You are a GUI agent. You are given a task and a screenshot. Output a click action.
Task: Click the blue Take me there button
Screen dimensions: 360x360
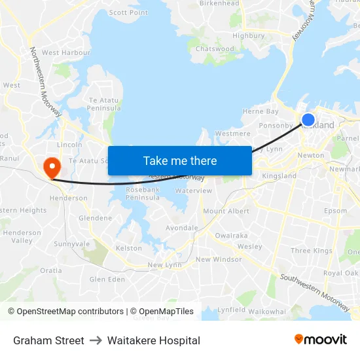180,160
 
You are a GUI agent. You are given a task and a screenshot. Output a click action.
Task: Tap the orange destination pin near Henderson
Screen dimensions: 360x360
50,166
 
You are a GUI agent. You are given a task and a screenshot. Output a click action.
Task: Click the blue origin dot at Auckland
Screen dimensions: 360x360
308,120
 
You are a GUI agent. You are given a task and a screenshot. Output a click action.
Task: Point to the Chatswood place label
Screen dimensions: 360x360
214,49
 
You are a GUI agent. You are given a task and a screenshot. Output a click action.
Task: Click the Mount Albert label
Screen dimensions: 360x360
226,211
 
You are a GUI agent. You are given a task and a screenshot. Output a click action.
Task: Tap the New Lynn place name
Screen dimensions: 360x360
164,265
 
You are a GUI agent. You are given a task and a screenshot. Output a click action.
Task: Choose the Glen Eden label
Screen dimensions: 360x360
107,279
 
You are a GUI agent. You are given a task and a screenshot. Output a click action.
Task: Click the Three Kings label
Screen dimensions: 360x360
311,251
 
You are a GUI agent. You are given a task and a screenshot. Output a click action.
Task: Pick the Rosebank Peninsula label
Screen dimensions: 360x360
142,194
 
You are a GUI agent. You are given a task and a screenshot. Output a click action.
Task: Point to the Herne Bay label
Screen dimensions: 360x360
261,112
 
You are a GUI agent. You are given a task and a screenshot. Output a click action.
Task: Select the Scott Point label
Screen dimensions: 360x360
128,12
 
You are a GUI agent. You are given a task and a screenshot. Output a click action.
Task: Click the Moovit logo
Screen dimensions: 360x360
321,340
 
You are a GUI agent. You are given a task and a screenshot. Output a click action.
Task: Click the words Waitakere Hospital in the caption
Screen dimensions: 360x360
154,340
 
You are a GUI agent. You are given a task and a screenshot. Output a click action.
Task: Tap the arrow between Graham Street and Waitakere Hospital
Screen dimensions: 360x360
96,340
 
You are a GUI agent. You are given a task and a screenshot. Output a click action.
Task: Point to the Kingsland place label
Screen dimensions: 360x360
279,176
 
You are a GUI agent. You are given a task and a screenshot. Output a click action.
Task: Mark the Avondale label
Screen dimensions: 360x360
181,228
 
